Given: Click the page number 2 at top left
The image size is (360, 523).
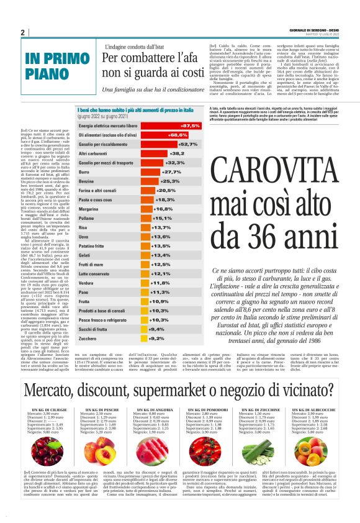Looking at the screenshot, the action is click(x=22, y=33).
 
